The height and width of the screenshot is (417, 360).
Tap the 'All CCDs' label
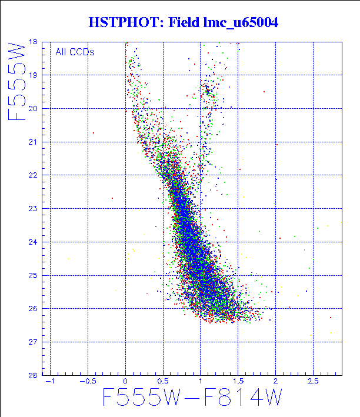click(75, 52)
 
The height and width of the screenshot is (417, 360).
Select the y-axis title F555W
click(17, 81)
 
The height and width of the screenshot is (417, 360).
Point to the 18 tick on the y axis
click(33, 42)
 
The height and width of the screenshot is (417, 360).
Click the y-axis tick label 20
click(33, 109)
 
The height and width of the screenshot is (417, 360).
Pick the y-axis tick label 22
click(33, 175)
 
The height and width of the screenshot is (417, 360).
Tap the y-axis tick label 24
click(33, 242)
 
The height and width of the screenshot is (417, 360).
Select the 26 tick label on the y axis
click(33, 309)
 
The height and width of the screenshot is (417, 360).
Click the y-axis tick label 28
click(33, 375)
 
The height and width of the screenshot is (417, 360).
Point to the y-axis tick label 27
click(33, 342)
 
